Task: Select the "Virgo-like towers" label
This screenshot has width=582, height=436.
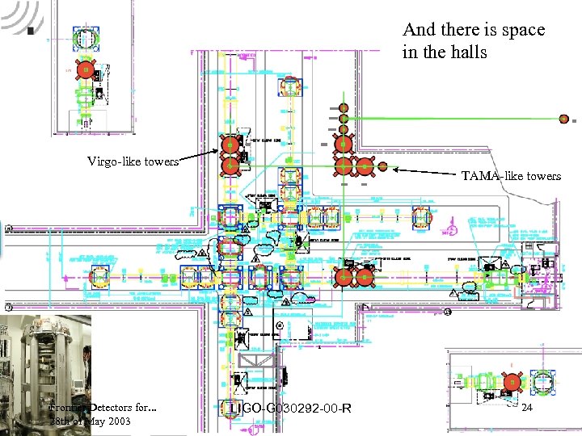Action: [133, 161]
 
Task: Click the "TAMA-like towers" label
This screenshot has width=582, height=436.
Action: [511, 175]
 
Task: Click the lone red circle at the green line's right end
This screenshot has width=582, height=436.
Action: [563, 118]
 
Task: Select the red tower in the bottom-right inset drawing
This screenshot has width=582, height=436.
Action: [511, 381]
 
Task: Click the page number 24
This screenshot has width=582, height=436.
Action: [527, 409]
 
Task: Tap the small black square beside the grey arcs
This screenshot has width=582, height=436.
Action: [30, 31]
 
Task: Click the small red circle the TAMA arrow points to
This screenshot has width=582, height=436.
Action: [382, 167]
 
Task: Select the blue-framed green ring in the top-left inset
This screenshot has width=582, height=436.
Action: [84, 37]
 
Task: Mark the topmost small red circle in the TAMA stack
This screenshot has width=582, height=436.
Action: [344, 107]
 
